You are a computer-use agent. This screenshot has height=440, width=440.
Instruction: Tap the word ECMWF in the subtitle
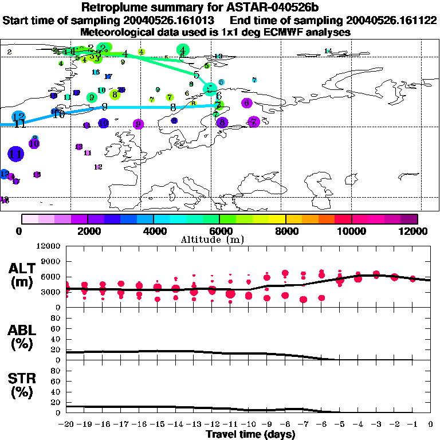274,33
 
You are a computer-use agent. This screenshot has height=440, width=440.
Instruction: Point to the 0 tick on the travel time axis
431,424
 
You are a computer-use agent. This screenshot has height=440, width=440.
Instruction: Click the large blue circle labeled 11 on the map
16,154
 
